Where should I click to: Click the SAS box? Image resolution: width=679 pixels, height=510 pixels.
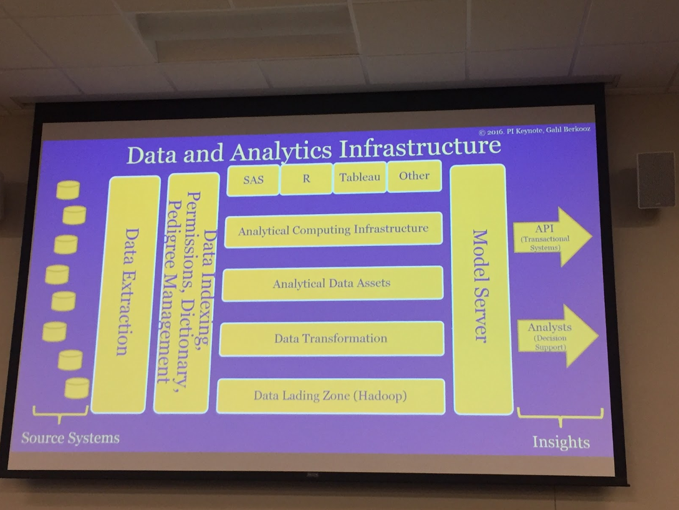tap(253, 180)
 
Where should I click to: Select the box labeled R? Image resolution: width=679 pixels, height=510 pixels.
tap(306, 179)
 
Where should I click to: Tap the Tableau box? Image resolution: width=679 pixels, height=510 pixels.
tap(359, 177)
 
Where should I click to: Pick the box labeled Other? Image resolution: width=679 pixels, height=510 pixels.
tap(415, 175)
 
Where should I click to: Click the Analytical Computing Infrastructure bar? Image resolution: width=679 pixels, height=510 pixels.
tap(334, 230)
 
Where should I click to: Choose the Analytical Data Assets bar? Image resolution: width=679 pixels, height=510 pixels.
tap(332, 283)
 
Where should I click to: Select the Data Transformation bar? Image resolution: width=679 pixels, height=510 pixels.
tap(331, 339)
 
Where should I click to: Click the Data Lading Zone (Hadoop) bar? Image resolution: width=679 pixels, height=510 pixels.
tap(330, 396)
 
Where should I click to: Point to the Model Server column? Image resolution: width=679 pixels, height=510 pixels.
tap(480, 289)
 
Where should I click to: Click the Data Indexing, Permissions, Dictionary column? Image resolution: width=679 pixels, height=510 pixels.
tap(187, 293)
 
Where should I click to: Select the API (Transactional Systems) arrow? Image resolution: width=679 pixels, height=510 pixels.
tap(552, 237)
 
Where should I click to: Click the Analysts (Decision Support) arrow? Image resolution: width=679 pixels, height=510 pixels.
tap(557, 336)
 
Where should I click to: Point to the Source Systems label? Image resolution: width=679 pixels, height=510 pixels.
tap(70, 438)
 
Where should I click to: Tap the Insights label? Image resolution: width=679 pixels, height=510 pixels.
tap(561, 442)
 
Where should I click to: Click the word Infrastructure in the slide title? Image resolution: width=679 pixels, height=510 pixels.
tap(420, 147)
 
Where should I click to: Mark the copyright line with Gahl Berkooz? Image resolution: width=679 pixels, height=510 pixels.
tap(534, 130)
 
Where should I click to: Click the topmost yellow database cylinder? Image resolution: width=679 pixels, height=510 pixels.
tap(69, 190)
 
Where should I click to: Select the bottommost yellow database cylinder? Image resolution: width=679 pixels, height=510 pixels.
tap(77, 388)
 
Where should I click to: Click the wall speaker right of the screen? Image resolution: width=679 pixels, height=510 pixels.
tap(655, 180)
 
